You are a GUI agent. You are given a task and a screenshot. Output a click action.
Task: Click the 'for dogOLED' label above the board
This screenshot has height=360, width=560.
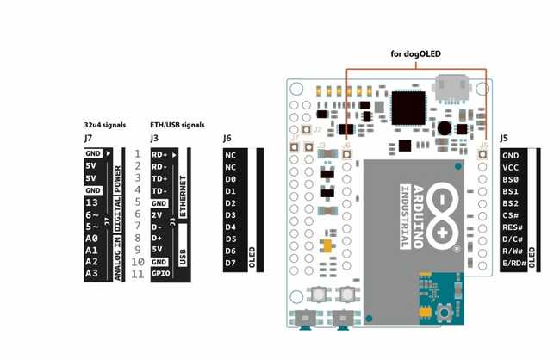click(x=415, y=54)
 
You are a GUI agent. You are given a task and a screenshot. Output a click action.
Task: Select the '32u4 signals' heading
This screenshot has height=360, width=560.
click(x=105, y=125)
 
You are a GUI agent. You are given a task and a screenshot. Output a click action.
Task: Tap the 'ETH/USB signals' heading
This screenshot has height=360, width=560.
click(x=177, y=125)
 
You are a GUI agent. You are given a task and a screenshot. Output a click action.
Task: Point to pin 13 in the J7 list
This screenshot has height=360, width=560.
click(x=91, y=202)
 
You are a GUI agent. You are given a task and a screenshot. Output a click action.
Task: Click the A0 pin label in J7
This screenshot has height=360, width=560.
click(x=91, y=238)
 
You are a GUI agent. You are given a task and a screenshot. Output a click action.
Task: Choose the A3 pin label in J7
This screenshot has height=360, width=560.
click(x=91, y=273)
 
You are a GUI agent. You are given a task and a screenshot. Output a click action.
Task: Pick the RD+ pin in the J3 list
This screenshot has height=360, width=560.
click(x=159, y=154)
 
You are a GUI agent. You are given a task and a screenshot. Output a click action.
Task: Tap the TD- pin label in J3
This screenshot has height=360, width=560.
click(x=159, y=190)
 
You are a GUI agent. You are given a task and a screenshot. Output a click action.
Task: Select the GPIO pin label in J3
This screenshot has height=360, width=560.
click(x=160, y=273)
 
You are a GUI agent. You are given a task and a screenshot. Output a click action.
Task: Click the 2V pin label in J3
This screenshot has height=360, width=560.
click(x=158, y=214)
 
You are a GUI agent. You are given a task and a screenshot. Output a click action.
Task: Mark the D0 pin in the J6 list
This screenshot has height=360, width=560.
click(x=230, y=178)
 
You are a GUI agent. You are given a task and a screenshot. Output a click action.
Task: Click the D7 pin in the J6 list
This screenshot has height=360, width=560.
click(x=230, y=262)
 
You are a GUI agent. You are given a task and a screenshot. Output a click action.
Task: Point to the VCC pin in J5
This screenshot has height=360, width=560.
click(x=510, y=166)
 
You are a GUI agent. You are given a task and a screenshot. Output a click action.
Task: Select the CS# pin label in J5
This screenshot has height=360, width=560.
click(x=510, y=214)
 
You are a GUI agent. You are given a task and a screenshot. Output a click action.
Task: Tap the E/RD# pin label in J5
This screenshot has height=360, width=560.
click(x=513, y=263)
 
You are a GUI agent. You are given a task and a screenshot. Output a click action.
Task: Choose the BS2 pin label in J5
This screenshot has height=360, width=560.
click(x=510, y=202)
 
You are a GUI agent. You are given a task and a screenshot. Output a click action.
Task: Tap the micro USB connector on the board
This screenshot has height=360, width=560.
click(x=452, y=87)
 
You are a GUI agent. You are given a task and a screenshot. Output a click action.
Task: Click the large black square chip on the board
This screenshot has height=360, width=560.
click(x=405, y=108)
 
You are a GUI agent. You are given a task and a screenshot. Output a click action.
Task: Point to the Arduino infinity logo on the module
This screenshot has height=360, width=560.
click(x=442, y=213)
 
